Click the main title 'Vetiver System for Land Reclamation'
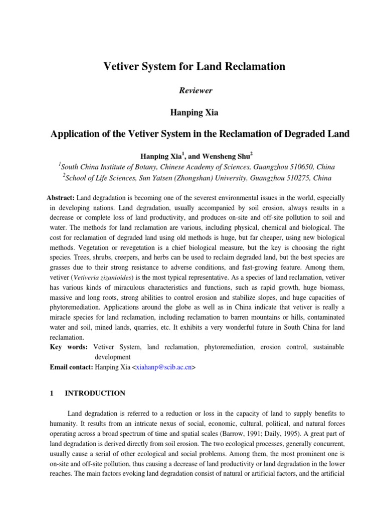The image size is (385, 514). pyautogui.click(x=194, y=66)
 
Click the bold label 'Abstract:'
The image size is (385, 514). pyautogui.click(x=61, y=198)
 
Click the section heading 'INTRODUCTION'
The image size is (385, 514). pyautogui.click(x=95, y=393)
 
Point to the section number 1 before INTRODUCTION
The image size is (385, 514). pyautogui.click(x=52, y=393)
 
